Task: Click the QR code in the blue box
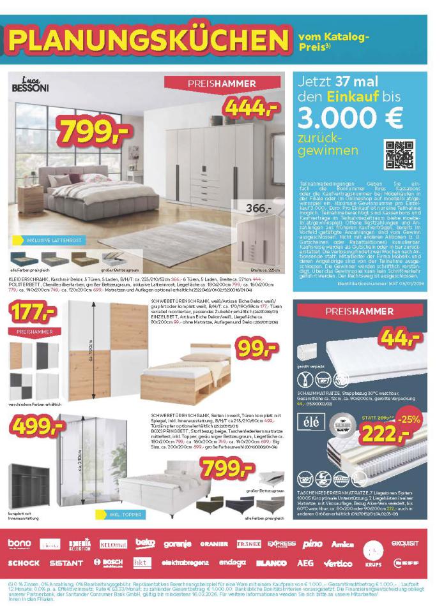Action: (x=399, y=154)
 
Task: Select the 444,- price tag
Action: (x=251, y=110)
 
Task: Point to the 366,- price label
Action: (x=259, y=208)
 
